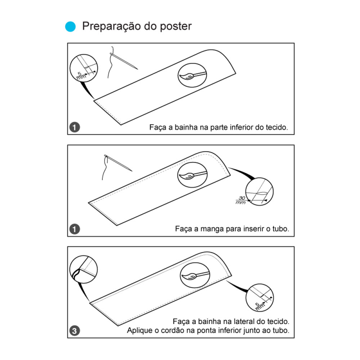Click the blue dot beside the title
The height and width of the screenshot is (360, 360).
click(x=71, y=27)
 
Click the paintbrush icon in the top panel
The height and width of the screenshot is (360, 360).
click(x=193, y=75)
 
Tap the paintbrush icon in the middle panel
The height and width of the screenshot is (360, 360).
click(x=193, y=175)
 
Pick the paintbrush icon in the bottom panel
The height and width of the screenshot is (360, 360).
click(x=194, y=275)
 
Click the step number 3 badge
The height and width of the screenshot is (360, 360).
click(x=75, y=330)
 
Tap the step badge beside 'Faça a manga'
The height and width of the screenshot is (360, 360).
click(x=75, y=229)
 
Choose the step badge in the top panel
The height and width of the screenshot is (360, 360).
click(x=75, y=127)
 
